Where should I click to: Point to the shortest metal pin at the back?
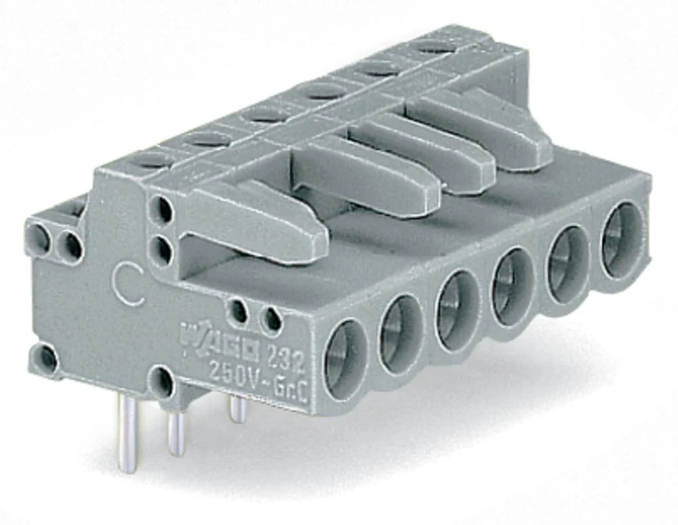(237, 409)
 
